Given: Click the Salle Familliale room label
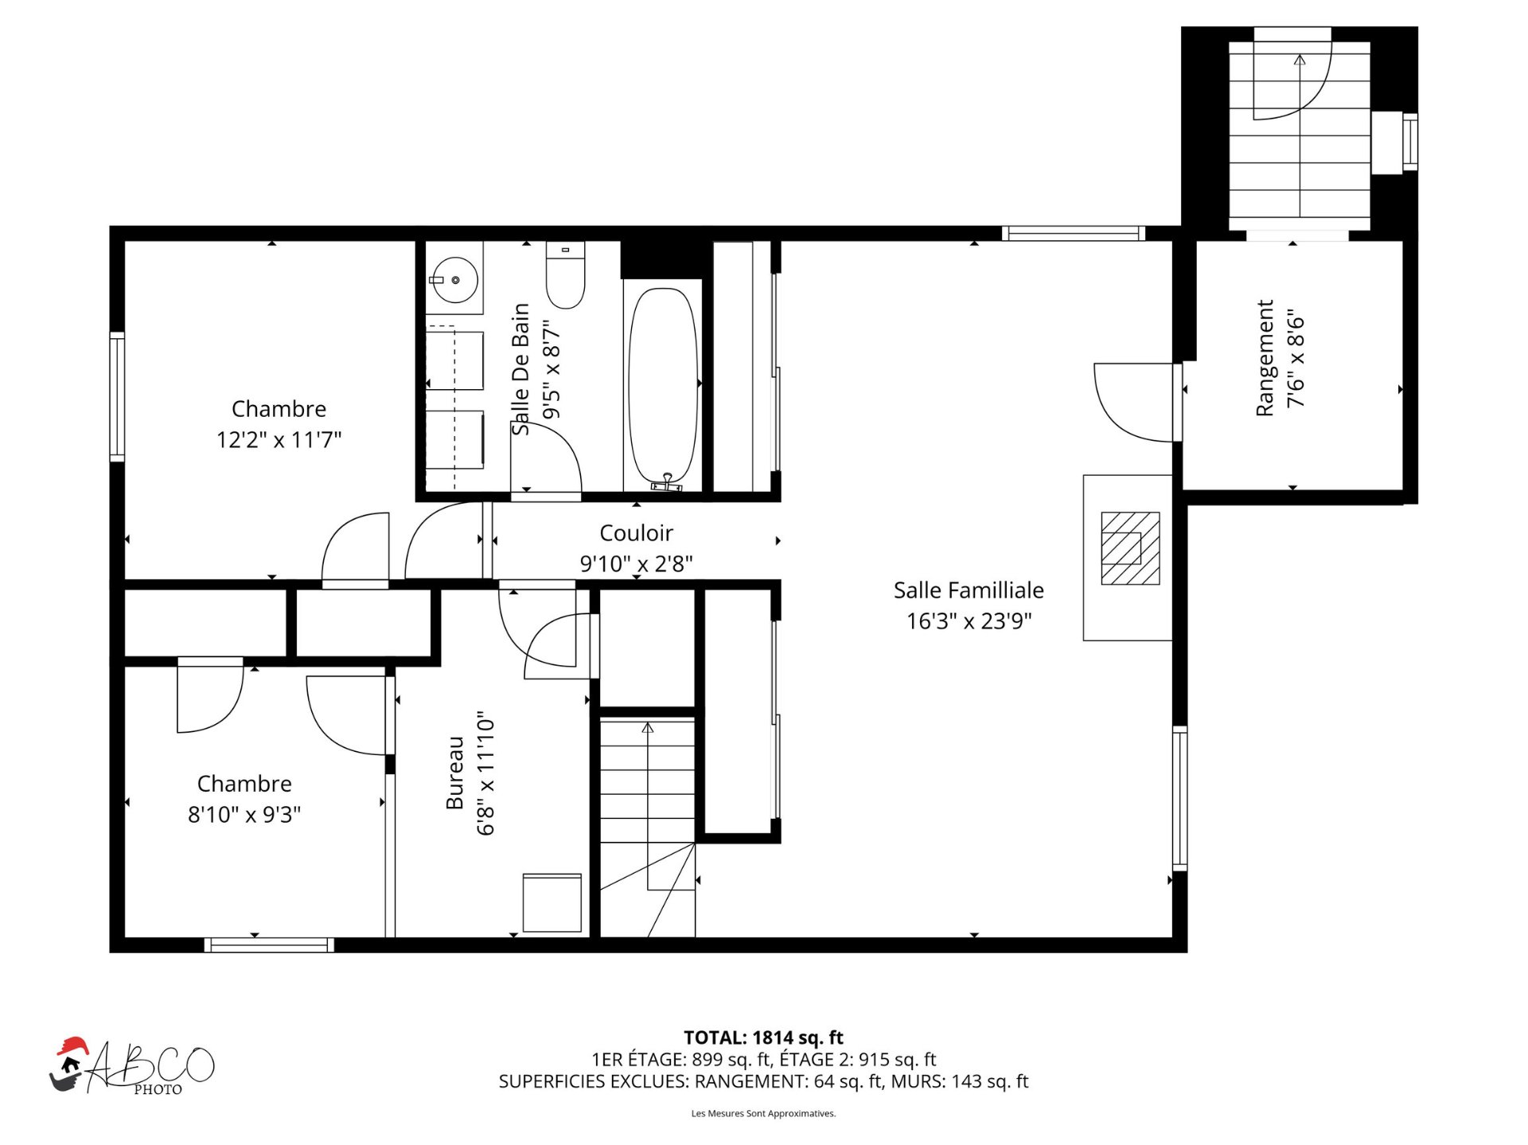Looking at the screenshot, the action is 968,590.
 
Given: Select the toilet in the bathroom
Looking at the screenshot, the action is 565,275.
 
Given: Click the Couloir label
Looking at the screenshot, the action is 636,533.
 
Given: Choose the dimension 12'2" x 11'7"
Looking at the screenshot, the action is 279,439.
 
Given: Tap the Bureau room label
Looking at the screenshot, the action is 454,773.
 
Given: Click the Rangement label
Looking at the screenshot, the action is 1265,358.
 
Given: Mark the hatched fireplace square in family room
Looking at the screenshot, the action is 1130,548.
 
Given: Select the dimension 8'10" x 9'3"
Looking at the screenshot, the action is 244,815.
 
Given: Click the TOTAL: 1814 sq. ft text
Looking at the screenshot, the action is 763,1038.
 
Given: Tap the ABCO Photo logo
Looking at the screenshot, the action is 132,1067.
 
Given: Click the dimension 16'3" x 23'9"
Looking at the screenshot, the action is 969,621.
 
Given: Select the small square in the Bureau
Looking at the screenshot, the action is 552,903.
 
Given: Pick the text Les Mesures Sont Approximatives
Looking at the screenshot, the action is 763,1113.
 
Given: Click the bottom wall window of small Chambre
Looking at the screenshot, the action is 269,945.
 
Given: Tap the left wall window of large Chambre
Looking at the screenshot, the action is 117,396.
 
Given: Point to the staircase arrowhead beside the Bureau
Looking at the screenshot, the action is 648,727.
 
